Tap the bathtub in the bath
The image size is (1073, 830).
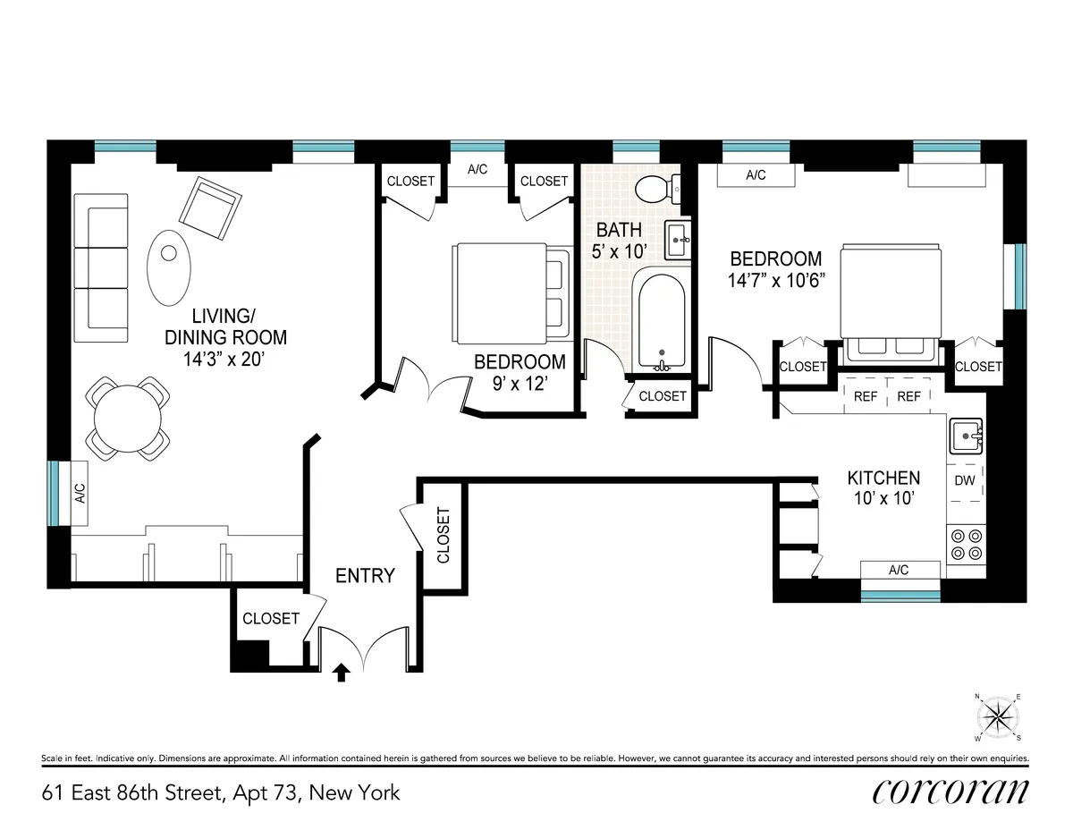pos(661,323)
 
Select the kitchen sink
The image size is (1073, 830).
pos(966,437)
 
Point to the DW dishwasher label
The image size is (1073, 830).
pos(965,481)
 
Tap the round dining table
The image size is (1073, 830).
pos(129,418)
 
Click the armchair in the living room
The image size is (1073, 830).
pos(211,207)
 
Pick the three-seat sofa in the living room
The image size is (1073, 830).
pos(97,269)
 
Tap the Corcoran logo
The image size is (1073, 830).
pos(950,791)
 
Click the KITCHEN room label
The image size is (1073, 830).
pos(883,478)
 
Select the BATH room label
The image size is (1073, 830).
pos(620,231)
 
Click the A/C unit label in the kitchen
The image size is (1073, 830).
pos(900,570)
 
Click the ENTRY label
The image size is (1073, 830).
pos(365,576)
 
